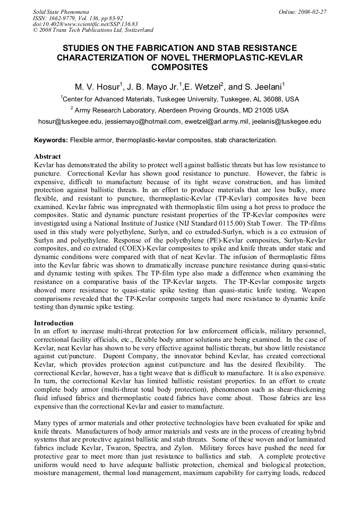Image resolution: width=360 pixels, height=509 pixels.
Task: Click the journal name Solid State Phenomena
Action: [61, 11]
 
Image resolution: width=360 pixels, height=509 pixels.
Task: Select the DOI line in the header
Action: [85, 24]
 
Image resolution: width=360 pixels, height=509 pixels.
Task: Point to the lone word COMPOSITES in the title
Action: [179, 67]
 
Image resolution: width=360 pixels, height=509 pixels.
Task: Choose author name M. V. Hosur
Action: [98, 85]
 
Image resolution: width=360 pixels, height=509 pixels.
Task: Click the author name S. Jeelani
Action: [263, 85]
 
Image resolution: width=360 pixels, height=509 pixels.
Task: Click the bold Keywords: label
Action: [51, 141]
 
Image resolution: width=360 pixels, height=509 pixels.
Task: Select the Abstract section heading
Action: [47, 157]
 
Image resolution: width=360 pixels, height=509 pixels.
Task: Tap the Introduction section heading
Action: [54, 323]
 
